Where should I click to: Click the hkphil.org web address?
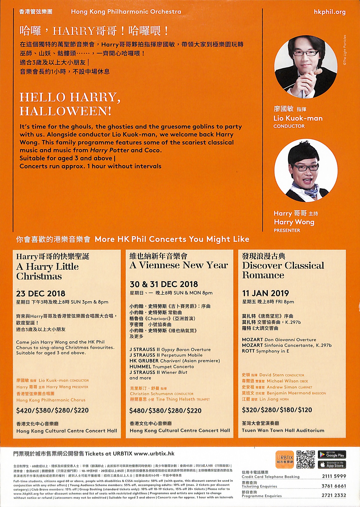(x=330, y=12)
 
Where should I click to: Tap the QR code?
(x=306, y=459)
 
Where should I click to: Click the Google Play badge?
(x=332, y=455)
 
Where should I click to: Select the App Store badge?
(x=332, y=465)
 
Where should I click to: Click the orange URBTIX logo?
(x=285, y=459)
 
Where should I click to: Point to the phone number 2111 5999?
(x=334, y=476)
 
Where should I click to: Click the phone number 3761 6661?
(x=334, y=486)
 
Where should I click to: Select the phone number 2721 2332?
(x=334, y=495)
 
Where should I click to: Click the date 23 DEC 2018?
(x=41, y=293)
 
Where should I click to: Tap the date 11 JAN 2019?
(x=266, y=293)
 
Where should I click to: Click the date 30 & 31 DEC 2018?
(x=164, y=284)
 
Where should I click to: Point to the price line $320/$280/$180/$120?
(x=277, y=410)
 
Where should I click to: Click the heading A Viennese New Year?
(x=179, y=265)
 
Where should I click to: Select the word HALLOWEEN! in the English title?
(x=66, y=111)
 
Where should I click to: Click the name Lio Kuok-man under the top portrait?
(x=298, y=118)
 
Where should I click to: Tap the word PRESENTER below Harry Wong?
(x=287, y=230)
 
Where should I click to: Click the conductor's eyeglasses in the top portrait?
(x=306, y=53)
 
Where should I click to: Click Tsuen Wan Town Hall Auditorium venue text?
(x=283, y=430)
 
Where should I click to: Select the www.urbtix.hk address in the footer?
(x=154, y=453)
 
